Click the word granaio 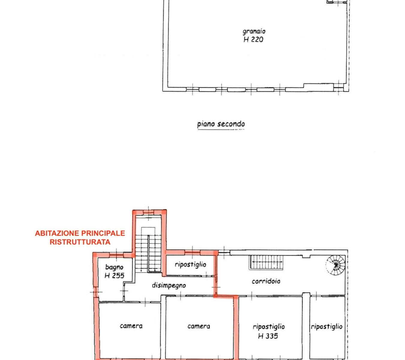coord(254,32)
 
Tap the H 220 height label coord(253,40)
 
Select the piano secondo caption coord(221,124)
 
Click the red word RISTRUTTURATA coord(80,242)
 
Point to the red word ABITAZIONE coord(57,233)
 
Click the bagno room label coord(114,267)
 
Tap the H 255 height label coord(115,276)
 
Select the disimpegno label coord(169,285)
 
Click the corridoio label coord(266,281)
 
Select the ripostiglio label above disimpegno coord(190,265)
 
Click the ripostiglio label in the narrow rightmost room coord(327,327)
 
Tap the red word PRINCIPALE coord(103,233)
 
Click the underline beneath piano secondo coord(221,130)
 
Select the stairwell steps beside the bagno coord(148,254)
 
